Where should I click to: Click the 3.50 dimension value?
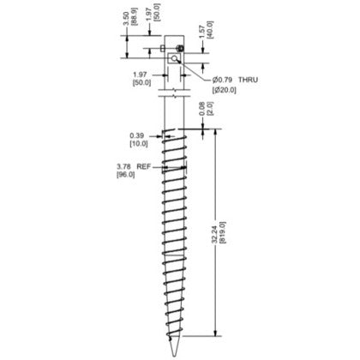tap(126, 16)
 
